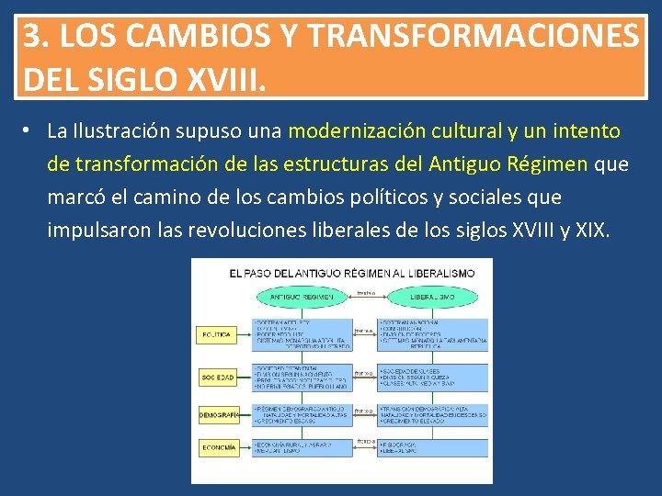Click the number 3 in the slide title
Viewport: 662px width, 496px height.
point(32,36)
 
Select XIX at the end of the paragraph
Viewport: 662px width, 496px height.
point(590,230)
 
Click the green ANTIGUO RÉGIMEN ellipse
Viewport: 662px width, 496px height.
point(302,298)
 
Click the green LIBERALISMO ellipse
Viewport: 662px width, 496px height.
point(433,298)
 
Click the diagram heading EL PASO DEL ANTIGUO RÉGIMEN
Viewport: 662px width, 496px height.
point(352,273)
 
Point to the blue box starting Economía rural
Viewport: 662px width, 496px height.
point(300,447)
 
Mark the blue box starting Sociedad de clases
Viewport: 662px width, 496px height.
point(433,377)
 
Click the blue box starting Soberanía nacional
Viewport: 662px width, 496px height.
point(433,335)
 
